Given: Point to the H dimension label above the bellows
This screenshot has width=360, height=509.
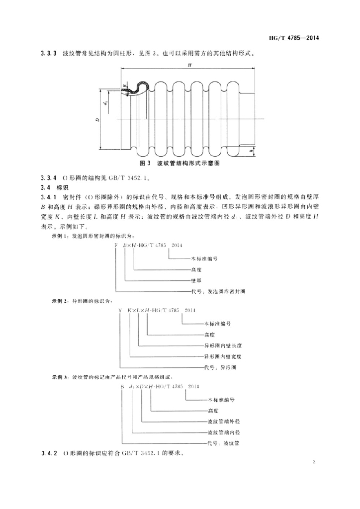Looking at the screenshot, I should click(189, 65).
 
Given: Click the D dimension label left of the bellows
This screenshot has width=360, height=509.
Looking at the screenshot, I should click(97, 120).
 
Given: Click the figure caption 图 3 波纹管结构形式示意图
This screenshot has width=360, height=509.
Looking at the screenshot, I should click(180, 163).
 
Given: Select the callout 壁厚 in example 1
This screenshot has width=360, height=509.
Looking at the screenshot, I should click(196, 280).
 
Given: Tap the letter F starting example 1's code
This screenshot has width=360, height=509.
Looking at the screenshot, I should click(116, 246).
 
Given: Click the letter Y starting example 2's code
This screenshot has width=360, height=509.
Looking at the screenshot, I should click(120, 311).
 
